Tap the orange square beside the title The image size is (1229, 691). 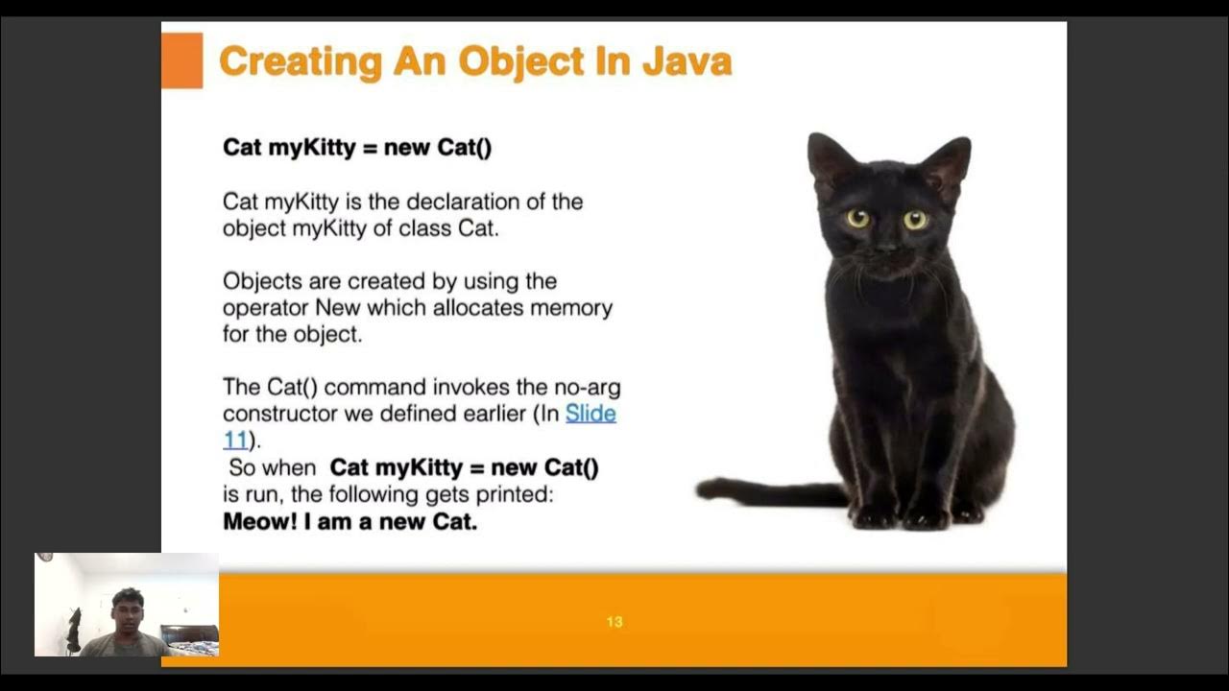click(x=181, y=60)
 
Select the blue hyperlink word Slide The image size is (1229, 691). click(x=590, y=414)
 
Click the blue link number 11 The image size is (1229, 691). click(x=236, y=441)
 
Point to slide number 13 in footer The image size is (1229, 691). click(x=614, y=622)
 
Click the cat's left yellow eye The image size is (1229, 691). click(x=857, y=219)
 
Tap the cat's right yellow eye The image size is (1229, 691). click(x=915, y=220)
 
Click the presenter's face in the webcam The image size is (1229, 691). click(x=127, y=611)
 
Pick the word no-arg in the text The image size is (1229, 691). click(x=586, y=387)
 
